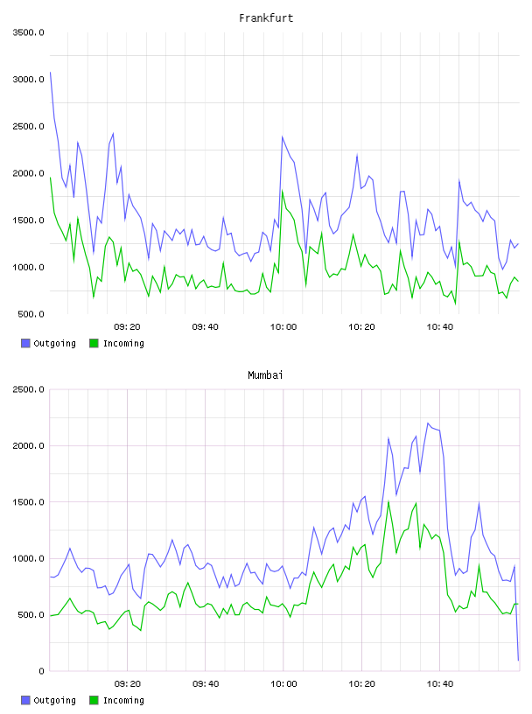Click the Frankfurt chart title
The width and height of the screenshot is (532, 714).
(x=266, y=17)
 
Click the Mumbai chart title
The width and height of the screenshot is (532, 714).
(x=265, y=374)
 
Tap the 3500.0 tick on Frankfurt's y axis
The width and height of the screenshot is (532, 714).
(x=29, y=32)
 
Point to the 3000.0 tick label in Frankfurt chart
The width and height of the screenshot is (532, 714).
(x=29, y=80)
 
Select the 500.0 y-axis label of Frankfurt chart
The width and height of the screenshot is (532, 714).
(x=31, y=314)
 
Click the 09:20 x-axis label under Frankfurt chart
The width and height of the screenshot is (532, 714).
(x=127, y=326)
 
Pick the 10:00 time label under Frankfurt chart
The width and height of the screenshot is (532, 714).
(x=283, y=326)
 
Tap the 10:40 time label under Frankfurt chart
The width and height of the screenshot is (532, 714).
(x=439, y=326)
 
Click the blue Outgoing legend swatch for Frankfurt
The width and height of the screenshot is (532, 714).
(x=25, y=343)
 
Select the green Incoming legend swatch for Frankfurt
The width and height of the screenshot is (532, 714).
(x=94, y=343)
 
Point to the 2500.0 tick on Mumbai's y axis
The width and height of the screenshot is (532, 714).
(x=29, y=389)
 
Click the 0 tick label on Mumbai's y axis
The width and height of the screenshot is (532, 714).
(x=41, y=671)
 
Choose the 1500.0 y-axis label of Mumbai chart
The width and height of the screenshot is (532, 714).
(x=29, y=501)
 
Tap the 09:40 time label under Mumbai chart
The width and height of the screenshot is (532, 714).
(x=206, y=683)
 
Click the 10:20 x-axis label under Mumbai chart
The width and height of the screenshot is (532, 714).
(x=361, y=683)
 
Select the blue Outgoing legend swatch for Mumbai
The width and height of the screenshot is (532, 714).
(x=25, y=700)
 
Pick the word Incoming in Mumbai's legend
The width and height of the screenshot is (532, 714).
(x=123, y=700)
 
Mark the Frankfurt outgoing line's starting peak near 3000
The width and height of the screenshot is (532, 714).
(x=50, y=72)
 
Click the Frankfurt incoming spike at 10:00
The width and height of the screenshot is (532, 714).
(x=283, y=191)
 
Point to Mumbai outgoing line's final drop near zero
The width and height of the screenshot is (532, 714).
(x=518, y=660)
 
